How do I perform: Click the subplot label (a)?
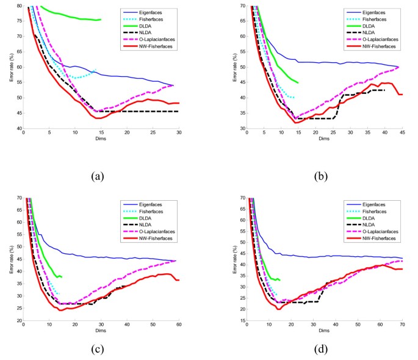(98, 176)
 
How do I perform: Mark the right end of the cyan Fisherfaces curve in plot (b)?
(294, 98)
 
